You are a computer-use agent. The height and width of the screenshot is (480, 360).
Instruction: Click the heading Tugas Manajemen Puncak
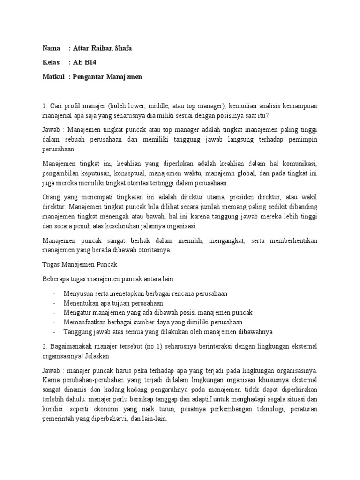coord(80,264)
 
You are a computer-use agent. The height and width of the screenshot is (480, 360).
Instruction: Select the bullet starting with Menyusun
coord(146,293)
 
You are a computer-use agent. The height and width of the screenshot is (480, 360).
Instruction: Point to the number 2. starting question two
coord(45,346)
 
